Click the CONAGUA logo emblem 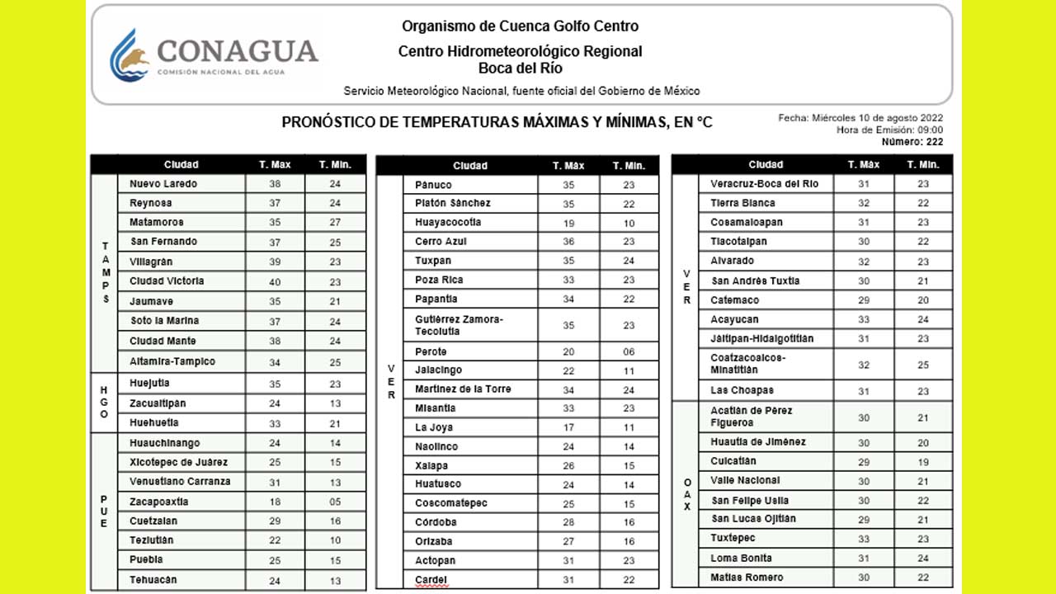point(130,55)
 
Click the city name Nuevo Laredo point(163,184)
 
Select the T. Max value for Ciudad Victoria point(275,281)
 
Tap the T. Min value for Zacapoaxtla point(335,502)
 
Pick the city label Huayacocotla point(448,222)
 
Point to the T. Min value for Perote point(629,351)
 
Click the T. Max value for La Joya point(568,427)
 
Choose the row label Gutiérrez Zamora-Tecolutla point(459,325)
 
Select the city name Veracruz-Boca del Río point(765,184)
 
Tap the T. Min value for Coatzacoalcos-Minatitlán point(923,365)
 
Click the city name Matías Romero point(747,577)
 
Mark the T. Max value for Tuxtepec point(864,539)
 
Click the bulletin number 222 point(932,142)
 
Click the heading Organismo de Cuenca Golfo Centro point(520,26)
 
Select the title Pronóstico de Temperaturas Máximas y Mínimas point(497,123)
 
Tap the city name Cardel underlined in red point(431,580)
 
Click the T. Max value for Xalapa point(568,466)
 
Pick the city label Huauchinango point(165,443)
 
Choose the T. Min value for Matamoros point(335,222)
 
